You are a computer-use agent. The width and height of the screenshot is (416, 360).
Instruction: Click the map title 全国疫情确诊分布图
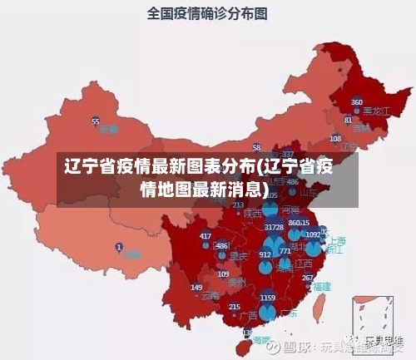[207, 13]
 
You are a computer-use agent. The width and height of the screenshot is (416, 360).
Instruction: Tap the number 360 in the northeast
[356, 102]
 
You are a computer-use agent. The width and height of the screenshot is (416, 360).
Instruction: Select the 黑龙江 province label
[364, 111]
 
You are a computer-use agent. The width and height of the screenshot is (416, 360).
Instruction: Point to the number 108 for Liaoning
[335, 138]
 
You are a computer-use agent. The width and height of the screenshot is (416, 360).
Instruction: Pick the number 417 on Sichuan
[206, 236]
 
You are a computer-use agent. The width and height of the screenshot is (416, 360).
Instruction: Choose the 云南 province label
[210, 294]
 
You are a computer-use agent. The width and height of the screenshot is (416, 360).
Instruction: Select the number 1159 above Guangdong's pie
[267, 297]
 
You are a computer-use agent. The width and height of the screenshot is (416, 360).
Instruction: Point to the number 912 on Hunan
[265, 254]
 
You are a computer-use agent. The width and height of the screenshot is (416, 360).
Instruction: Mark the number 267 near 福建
[308, 278]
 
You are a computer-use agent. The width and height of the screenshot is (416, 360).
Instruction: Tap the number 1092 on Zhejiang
[313, 235]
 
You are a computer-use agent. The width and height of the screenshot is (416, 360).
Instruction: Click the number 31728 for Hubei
[274, 227]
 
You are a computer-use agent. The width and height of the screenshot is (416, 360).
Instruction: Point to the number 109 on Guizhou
[223, 274]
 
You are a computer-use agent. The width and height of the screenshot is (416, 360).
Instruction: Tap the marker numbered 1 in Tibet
[119, 247]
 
